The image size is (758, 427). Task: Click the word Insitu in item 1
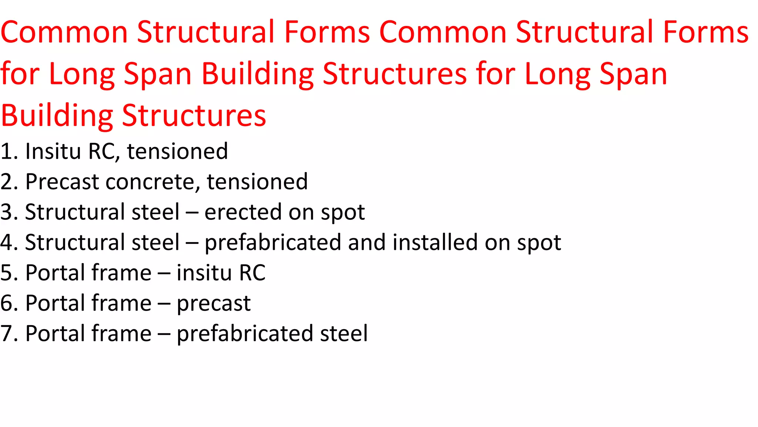tap(53, 151)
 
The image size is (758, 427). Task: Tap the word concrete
tap(153, 182)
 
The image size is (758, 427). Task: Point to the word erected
tap(243, 212)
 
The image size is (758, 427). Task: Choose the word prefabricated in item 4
tap(272, 242)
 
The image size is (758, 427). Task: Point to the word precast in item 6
tap(214, 304)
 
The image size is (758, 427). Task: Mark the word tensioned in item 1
tap(177, 151)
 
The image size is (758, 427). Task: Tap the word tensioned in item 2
tap(257, 182)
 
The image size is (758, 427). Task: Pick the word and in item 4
tap(366, 242)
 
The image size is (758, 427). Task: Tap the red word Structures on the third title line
tap(194, 116)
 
